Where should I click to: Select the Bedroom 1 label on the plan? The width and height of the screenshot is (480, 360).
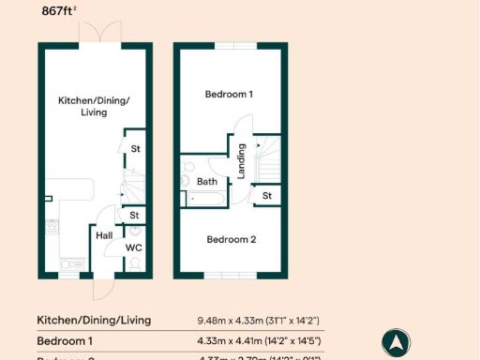(229, 95)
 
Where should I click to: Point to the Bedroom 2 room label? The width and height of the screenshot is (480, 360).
(231, 239)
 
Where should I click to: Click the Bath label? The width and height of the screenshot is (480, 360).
(207, 182)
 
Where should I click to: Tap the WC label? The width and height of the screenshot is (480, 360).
(134, 248)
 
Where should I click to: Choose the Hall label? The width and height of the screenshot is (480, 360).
(104, 236)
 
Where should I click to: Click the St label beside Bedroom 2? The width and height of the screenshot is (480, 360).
(267, 196)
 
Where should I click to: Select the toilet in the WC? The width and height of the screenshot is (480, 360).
(134, 265)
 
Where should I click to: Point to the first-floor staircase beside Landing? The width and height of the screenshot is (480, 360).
(268, 159)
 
